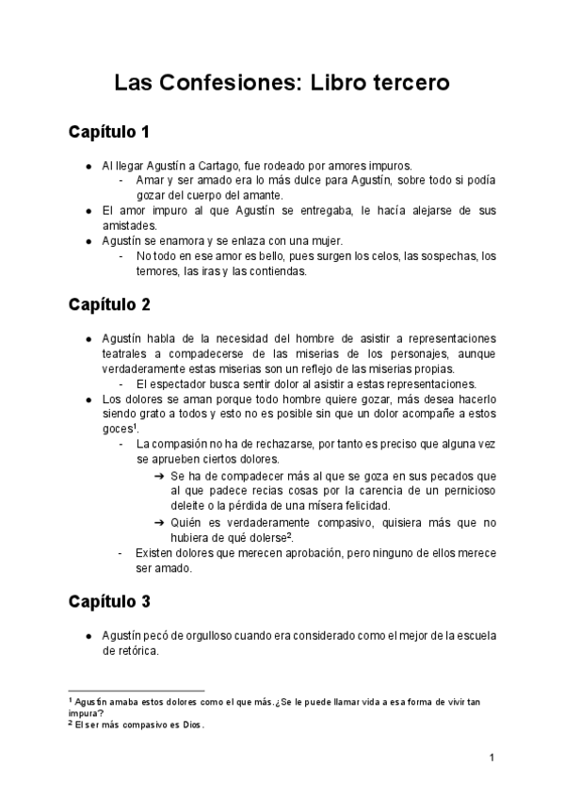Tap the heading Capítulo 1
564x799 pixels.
[x=109, y=131]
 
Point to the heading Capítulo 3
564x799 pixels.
[x=109, y=600]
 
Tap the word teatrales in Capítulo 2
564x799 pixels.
[x=126, y=353]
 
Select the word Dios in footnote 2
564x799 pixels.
[x=192, y=726]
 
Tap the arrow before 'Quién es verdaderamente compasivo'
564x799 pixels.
[x=159, y=522]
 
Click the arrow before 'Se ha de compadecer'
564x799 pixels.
[x=159, y=476]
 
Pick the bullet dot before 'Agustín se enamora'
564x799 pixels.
[x=89, y=241]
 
